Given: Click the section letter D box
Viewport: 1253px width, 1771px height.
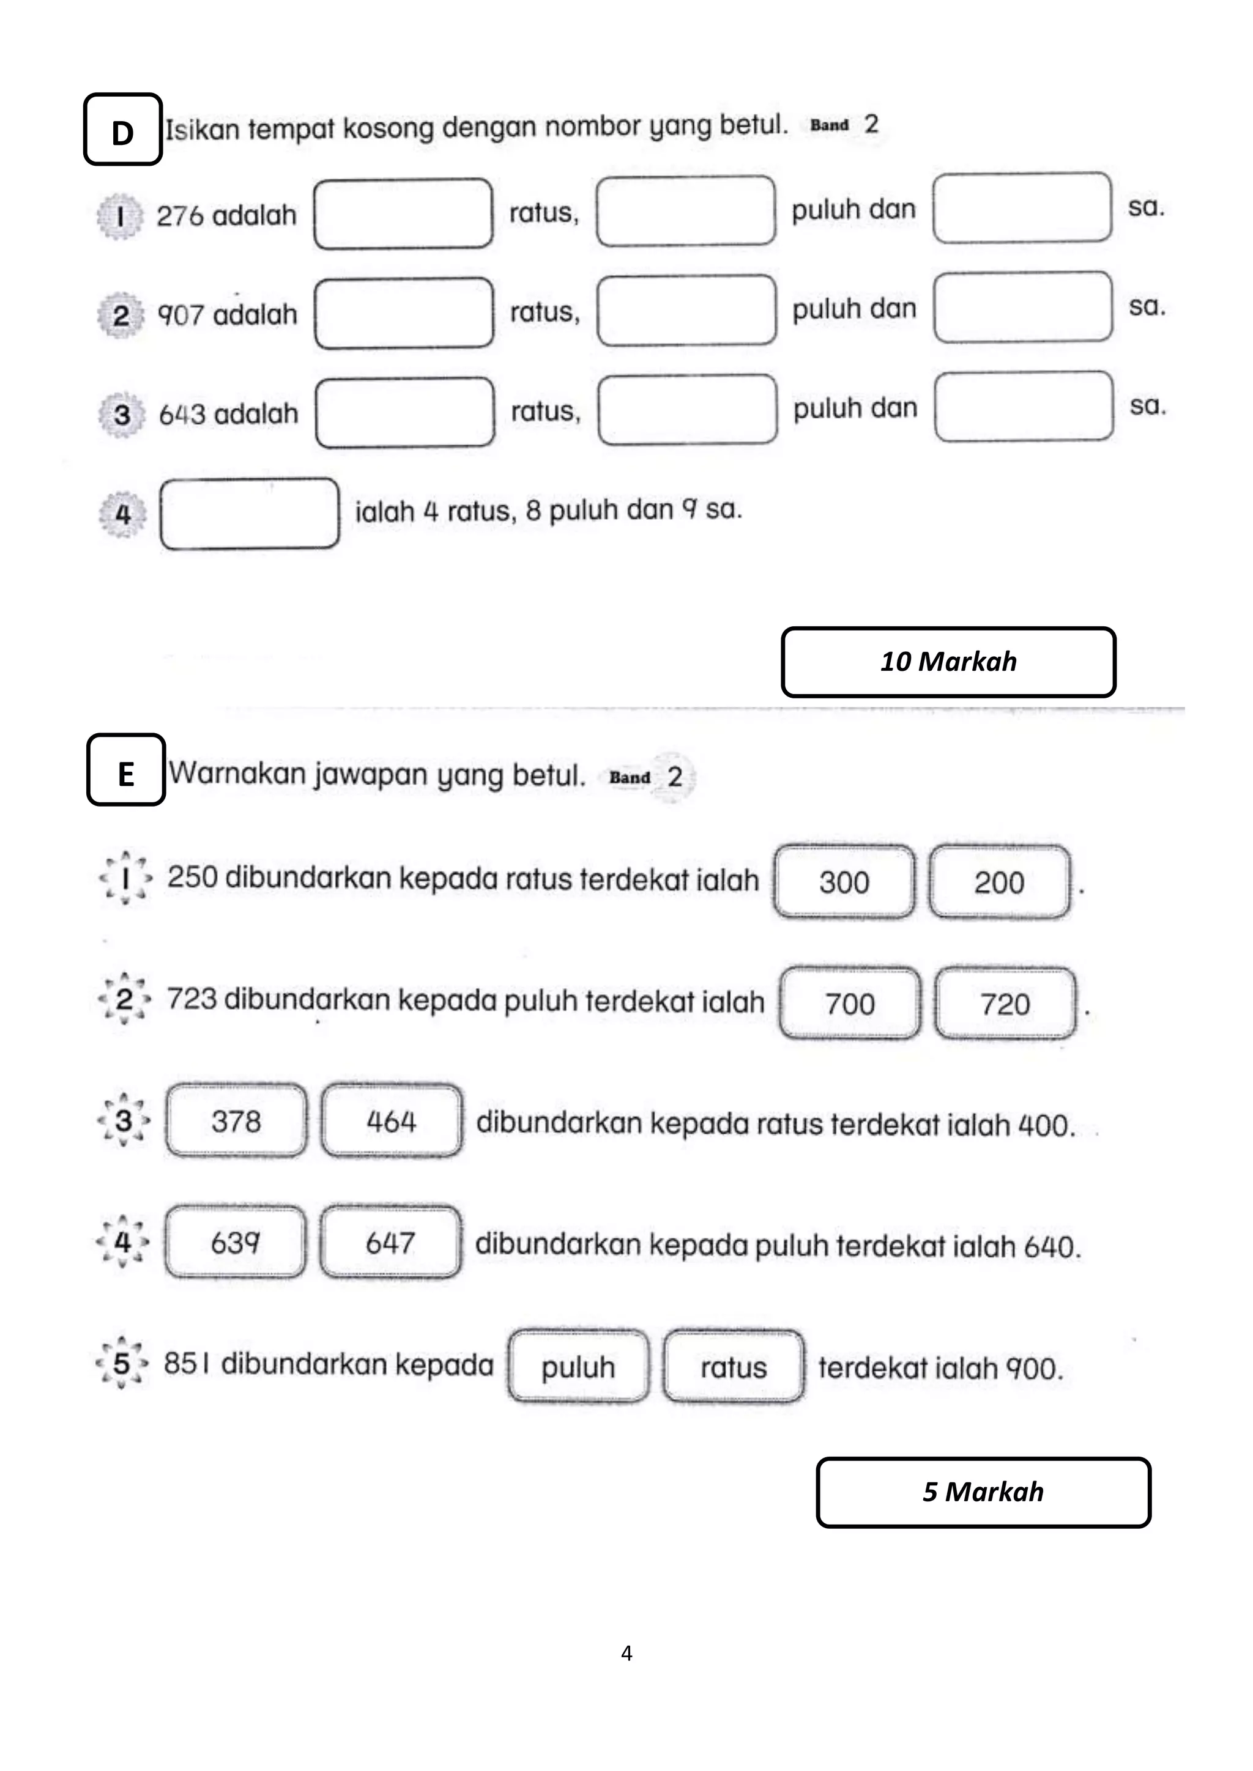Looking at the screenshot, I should point(123,130).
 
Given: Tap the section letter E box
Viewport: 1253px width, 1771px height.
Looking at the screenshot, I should point(126,770).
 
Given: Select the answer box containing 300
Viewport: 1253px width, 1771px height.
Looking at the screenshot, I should point(844,882).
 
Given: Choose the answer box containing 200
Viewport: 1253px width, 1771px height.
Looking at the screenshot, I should point(999,882).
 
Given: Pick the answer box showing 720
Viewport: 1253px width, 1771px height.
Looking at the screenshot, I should point(1005,1004).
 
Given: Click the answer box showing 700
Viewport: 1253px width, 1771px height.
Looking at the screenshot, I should point(849,1004).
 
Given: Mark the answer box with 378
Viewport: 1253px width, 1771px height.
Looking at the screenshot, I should point(236,1121).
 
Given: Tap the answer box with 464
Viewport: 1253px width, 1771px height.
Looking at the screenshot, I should point(391,1121).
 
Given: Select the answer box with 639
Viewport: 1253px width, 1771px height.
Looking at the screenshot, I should point(236,1243).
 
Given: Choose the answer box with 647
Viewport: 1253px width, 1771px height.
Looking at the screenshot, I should point(390,1243).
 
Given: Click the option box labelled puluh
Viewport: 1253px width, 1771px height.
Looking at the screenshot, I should point(578,1367).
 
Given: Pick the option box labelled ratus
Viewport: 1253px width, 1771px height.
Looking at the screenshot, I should point(734,1367).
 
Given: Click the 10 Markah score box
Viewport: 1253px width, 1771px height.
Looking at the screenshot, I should point(948,662).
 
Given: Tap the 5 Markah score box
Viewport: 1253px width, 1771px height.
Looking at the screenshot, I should point(983,1492).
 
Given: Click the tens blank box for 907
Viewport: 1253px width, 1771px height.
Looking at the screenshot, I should point(686,310).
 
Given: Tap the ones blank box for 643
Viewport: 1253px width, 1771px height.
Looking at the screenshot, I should point(1024,407).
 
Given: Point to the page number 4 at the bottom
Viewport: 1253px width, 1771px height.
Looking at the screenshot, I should point(626,1653).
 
